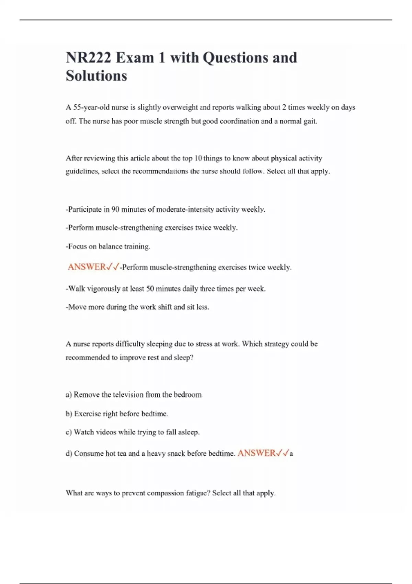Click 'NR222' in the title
89,58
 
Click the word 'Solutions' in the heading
96,76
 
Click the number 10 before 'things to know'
198,158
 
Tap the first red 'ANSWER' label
87,267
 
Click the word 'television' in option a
127,395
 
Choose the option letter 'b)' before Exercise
69,414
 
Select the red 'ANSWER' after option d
256,453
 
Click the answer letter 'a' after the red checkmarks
291,454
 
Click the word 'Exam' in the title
135,58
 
